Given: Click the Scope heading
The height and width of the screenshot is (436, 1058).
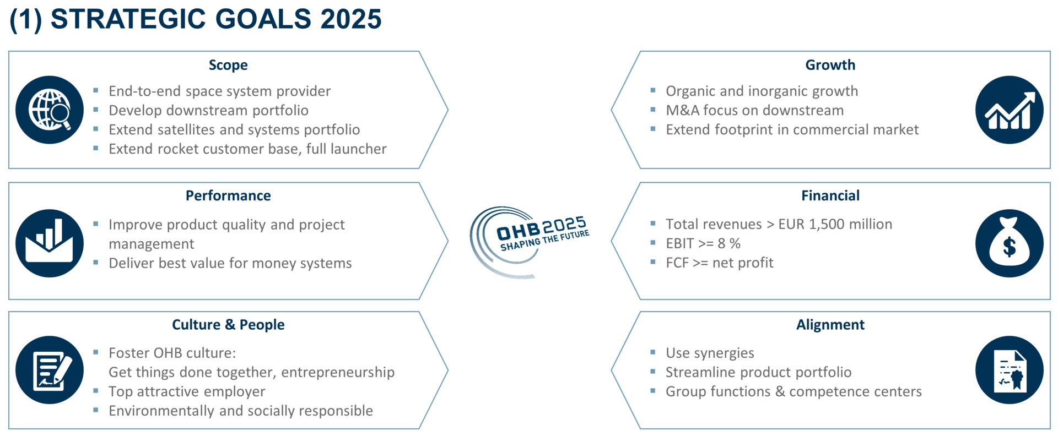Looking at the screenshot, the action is point(228,66).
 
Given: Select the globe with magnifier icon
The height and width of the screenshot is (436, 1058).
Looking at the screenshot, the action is point(50,110).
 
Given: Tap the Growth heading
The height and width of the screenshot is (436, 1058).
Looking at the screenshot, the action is point(830,65).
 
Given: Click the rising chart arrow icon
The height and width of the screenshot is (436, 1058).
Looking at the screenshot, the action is point(1010,110).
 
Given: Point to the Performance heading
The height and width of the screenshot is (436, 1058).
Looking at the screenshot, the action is point(228,195).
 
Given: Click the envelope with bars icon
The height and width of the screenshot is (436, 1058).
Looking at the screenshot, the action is point(50,243).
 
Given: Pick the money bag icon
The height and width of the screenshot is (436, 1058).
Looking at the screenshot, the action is point(1010,243).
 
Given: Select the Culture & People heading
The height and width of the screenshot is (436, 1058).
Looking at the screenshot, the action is point(228,325).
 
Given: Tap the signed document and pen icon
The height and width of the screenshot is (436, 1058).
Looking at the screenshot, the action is point(50,370).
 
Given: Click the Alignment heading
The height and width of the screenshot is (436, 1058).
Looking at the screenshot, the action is point(830,325).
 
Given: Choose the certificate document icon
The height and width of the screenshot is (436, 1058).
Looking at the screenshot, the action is point(1010,370).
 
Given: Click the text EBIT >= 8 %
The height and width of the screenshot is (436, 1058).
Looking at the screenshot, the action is point(703,243).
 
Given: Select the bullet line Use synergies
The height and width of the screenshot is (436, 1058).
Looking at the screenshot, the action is point(710,353).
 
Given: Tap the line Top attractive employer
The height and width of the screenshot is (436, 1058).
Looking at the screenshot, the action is point(187,391).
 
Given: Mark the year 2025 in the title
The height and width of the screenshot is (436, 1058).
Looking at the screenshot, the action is point(351,19).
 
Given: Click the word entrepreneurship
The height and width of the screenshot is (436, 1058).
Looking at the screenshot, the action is point(338,373).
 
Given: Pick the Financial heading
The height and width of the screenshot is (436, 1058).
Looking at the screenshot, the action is point(830,195).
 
